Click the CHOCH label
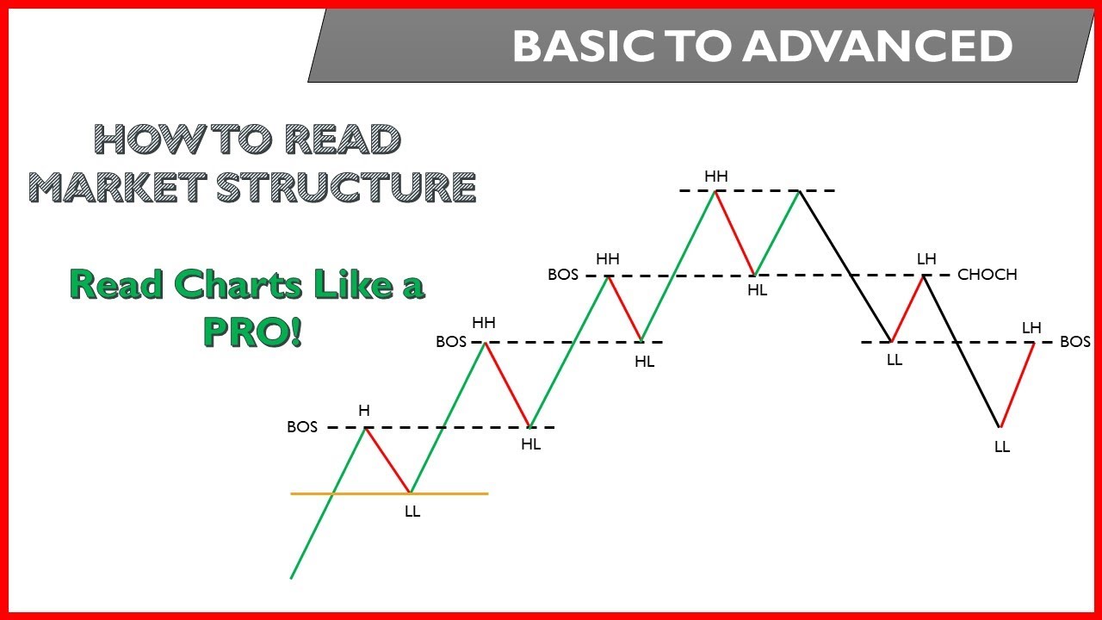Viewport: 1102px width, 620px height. [x=987, y=275]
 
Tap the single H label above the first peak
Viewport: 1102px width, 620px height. [x=364, y=411]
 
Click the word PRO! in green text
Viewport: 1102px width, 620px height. [x=253, y=332]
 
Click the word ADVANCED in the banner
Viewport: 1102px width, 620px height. [x=877, y=46]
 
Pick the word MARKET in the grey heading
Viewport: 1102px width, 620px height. [x=117, y=188]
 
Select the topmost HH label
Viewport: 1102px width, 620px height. [x=715, y=177]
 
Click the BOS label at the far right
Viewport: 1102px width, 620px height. [x=1074, y=342]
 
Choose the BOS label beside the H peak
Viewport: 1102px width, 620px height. [x=302, y=427]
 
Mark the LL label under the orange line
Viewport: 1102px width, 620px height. [x=412, y=512]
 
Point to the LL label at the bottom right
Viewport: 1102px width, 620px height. [x=1001, y=447]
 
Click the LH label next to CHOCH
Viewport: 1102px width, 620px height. [x=926, y=259]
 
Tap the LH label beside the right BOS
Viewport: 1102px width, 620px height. [x=1031, y=327]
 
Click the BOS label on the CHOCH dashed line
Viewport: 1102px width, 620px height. [x=563, y=276]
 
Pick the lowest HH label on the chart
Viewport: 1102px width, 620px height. [x=484, y=323]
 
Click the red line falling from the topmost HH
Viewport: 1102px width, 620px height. [x=734, y=232]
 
